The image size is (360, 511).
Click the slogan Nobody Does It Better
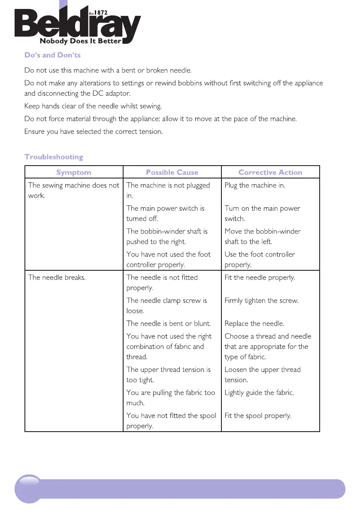(x=80, y=42)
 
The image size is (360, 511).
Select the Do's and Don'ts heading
(x=52, y=55)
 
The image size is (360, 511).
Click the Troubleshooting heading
(x=54, y=157)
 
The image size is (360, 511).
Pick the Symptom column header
(x=74, y=172)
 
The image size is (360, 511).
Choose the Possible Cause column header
(x=172, y=172)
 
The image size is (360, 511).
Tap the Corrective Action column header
(x=270, y=172)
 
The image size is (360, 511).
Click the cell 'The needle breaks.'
(x=57, y=277)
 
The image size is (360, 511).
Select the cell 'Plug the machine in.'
(x=255, y=185)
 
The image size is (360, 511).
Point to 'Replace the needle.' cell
(x=254, y=324)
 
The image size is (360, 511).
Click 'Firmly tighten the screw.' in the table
(x=261, y=300)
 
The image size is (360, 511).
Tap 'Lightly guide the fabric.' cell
(x=259, y=393)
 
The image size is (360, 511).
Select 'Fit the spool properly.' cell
(x=258, y=416)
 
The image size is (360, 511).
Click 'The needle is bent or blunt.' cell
(x=168, y=324)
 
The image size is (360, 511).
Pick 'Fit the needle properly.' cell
(x=260, y=277)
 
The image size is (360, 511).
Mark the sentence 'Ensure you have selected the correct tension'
(x=94, y=131)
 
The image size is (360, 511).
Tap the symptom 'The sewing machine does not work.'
(x=73, y=190)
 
